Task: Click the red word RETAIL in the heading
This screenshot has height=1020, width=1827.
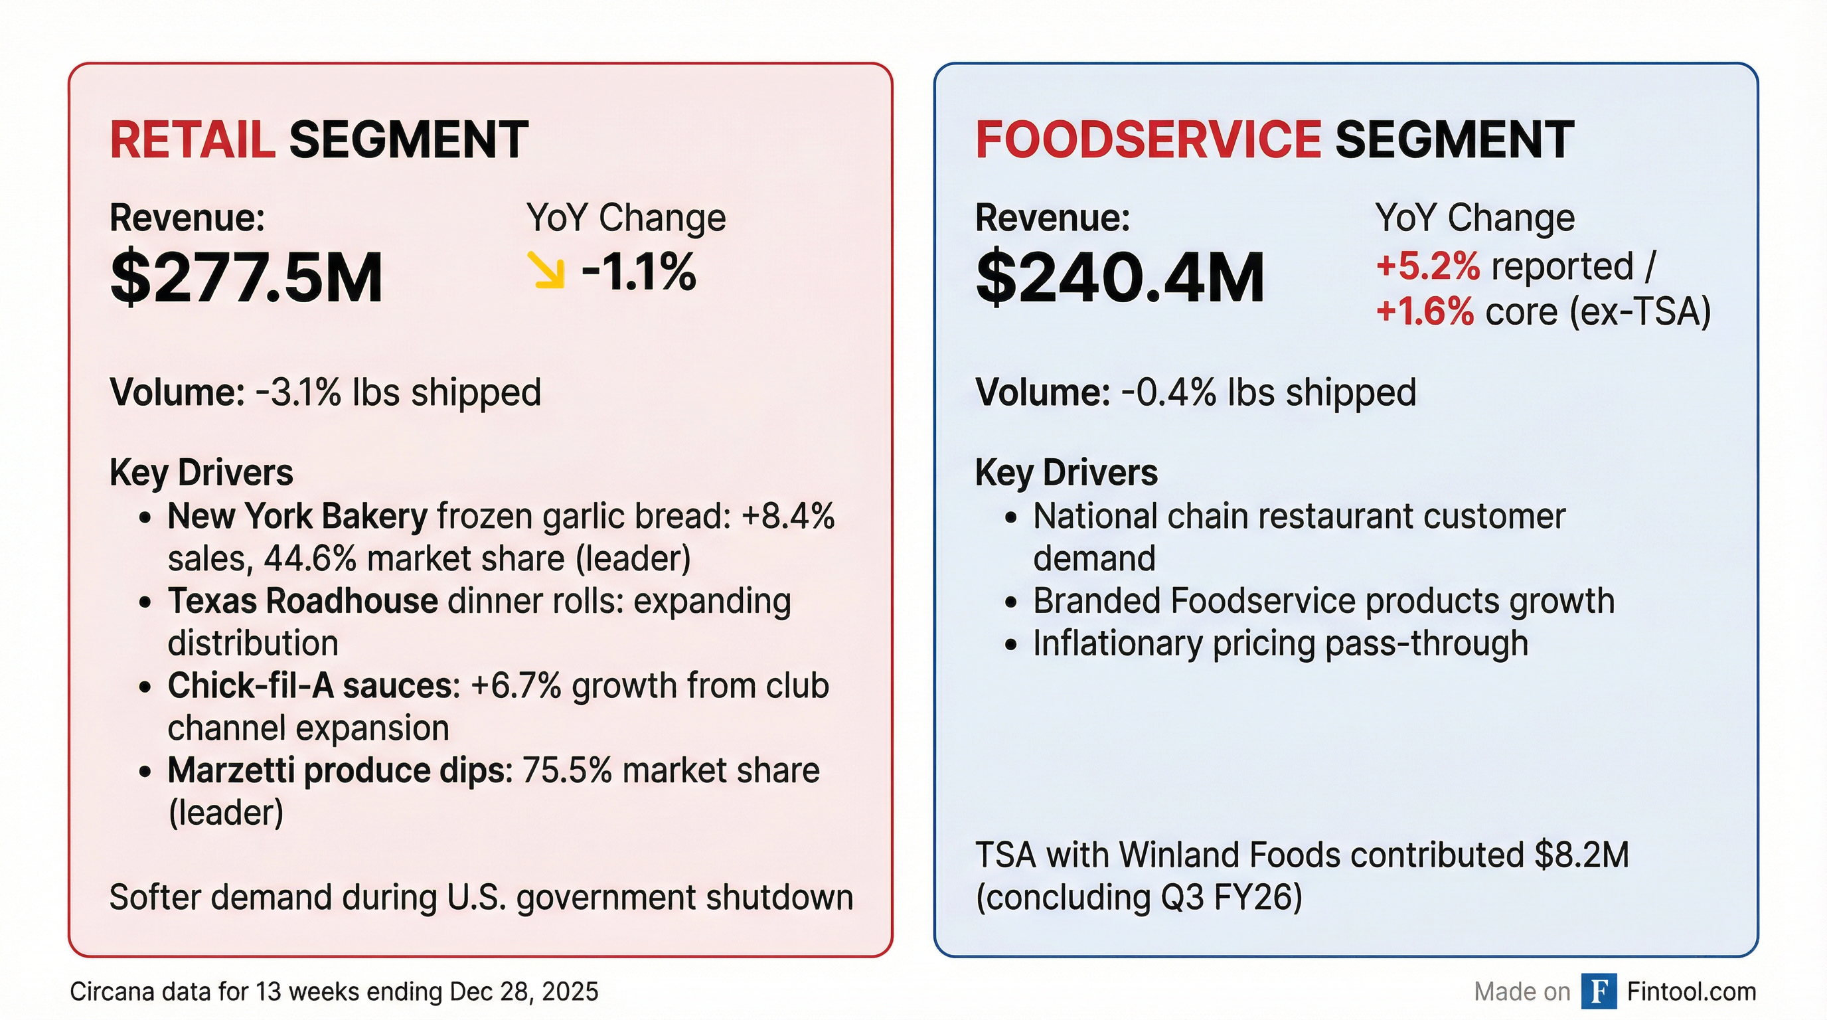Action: [191, 139]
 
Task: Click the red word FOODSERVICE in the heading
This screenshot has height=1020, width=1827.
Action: [1148, 139]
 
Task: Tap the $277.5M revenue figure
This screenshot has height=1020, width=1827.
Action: [246, 278]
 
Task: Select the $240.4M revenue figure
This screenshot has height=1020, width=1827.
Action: [1120, 278]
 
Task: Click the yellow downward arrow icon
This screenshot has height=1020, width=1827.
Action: [547, 271]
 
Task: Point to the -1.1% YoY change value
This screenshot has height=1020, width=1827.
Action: [638, 272]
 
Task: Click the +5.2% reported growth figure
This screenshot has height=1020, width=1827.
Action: [1427, 267]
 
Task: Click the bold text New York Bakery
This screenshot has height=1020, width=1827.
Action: [297, 517]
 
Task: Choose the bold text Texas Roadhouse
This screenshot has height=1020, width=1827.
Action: [302, 601]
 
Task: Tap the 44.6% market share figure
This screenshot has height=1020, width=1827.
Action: [309, 559]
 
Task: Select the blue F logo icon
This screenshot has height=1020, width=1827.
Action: [1599, 991]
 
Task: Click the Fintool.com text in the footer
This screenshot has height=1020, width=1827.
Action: [1691, 991]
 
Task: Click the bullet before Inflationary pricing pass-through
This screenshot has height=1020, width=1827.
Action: [1011, 645]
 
